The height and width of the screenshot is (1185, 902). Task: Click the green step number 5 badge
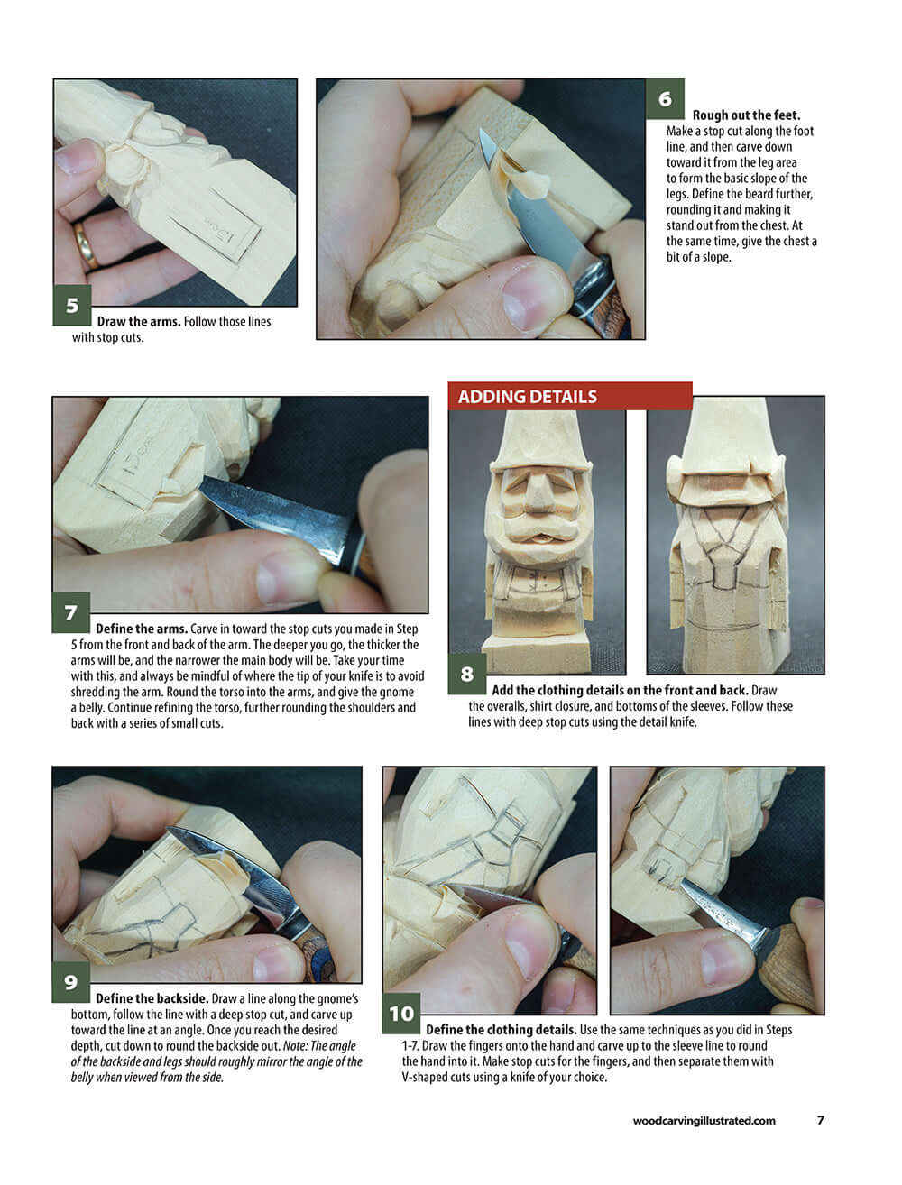point(72,306)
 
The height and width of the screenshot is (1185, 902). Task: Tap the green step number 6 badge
point(665,99)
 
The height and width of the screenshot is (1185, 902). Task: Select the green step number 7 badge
point(71,613)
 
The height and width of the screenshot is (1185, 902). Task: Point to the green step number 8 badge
point(467,674)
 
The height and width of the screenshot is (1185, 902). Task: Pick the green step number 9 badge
point(71,982)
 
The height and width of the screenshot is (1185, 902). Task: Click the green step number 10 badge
point(401,1014)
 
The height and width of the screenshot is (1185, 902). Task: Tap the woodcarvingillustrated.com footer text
point(704,1121)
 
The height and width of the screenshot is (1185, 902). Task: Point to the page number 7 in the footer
point(820,1120)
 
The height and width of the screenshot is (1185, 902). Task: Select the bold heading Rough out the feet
point(745,115)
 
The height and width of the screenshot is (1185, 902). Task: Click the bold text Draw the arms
point(138,322)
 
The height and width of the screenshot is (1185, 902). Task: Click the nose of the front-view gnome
point(538,493)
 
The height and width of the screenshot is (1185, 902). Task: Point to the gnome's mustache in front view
point(538,522)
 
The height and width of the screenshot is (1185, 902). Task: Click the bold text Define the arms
point(141,629)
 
